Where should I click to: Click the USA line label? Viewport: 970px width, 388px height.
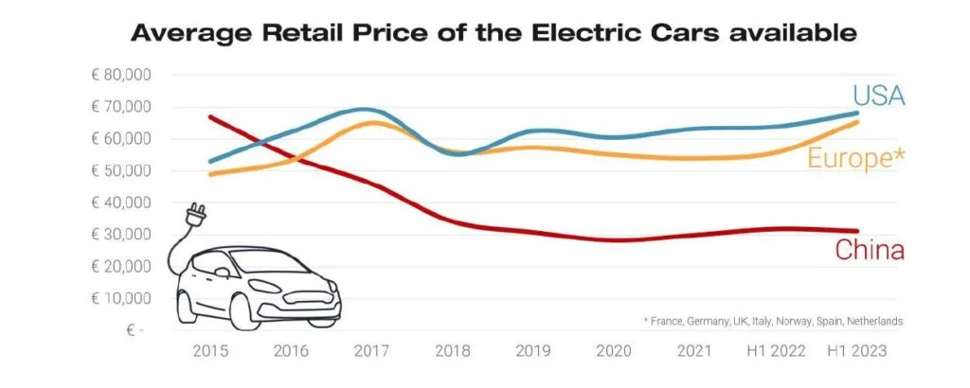[878, 97]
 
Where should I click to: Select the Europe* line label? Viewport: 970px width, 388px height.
[855, 158]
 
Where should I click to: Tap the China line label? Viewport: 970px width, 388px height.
[869, 251]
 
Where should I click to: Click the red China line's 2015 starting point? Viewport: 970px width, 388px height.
[209, 116]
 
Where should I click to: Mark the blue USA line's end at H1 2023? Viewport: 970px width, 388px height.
[857, 114]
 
